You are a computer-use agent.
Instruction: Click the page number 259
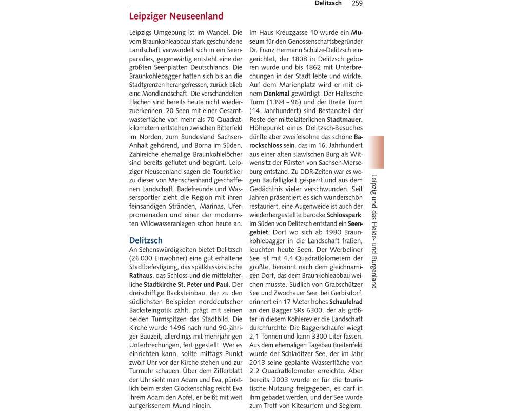(x=357, y=3)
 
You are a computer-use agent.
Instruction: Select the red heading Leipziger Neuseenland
(x=176, y=16)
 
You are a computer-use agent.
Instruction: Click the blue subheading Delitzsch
(x=146, y=240)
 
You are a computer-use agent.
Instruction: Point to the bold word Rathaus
(x=141, y=276)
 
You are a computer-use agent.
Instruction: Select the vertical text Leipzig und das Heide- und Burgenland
(x=374, y=231)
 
